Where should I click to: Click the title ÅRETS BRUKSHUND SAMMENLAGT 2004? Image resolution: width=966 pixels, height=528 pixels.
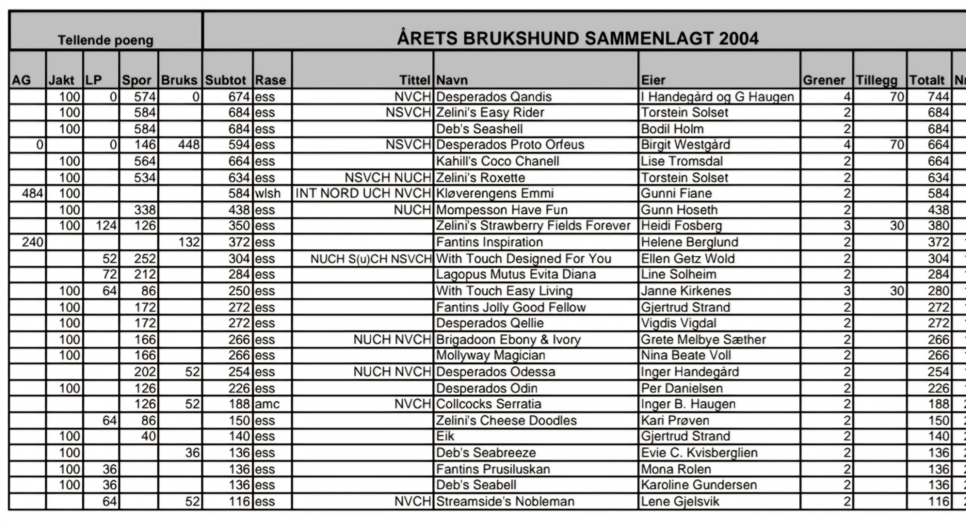click(577, 39)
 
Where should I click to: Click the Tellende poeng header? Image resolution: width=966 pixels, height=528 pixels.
click(105, 40)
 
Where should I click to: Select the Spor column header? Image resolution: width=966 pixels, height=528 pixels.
click(136, 80)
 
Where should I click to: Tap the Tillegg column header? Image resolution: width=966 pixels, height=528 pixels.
click(876, 80)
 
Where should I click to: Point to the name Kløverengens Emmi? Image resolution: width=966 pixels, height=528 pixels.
click(495, 193)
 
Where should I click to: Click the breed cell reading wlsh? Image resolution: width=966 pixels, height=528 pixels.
click(268, 193)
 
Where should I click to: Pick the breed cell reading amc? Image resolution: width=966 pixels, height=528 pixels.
click(267, 404)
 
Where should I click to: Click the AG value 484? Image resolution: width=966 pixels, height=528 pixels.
click(33, 193)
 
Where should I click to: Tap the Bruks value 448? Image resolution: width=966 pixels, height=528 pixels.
click(189, 145)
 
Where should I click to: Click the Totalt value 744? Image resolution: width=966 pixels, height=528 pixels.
click(938, 97)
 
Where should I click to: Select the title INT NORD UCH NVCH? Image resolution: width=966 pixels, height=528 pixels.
click(363, 193)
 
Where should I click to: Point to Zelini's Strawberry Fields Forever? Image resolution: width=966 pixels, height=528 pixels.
click(533, 225)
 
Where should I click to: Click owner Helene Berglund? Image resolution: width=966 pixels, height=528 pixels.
click(689, 242)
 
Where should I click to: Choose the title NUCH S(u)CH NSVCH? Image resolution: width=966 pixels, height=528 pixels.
click(371, 259)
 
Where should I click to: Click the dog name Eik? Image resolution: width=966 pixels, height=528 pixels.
click(445, 436)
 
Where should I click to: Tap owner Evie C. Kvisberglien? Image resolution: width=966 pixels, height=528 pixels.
click(699, 452)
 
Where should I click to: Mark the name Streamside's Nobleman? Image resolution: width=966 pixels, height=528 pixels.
click(505, 501)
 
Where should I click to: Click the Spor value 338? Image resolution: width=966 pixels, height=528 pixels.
click(145, 210)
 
